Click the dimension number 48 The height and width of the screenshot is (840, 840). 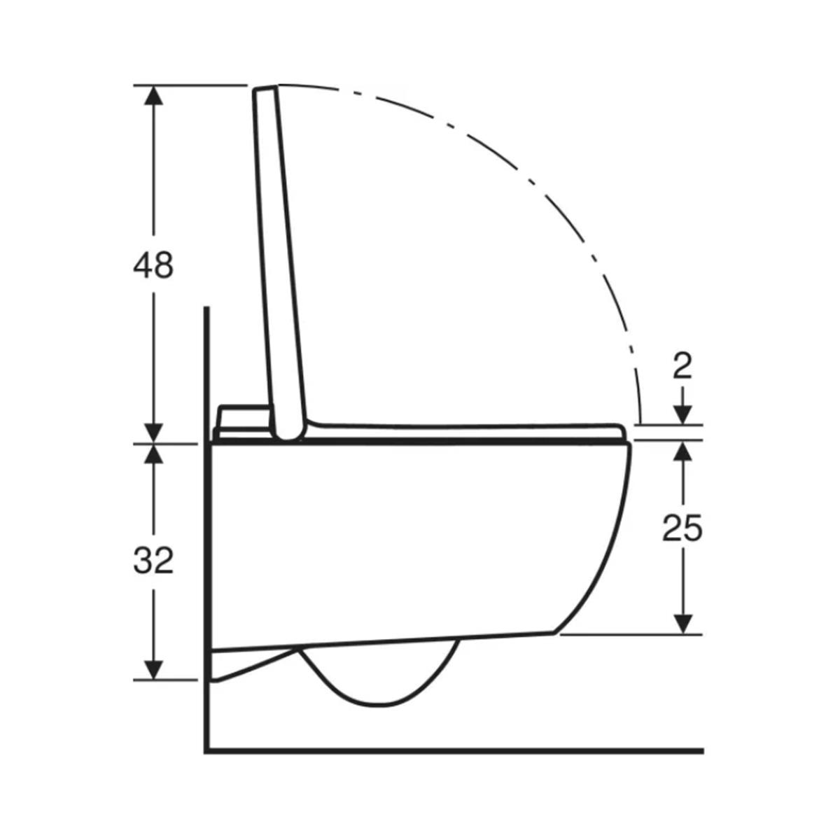[x=153, y=265]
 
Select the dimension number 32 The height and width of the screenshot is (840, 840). [x=153, y=560]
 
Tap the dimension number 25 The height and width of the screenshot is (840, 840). [x=682, y=528]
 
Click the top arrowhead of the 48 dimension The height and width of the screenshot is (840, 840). [x=153, y=95]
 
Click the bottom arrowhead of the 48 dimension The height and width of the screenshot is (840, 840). [x=153, y=433]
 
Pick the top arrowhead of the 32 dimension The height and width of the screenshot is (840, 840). [x=153, y=454]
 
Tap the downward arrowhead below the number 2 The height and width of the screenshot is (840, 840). [x=682, y=414]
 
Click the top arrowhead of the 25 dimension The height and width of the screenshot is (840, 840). [x=682, y=450]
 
